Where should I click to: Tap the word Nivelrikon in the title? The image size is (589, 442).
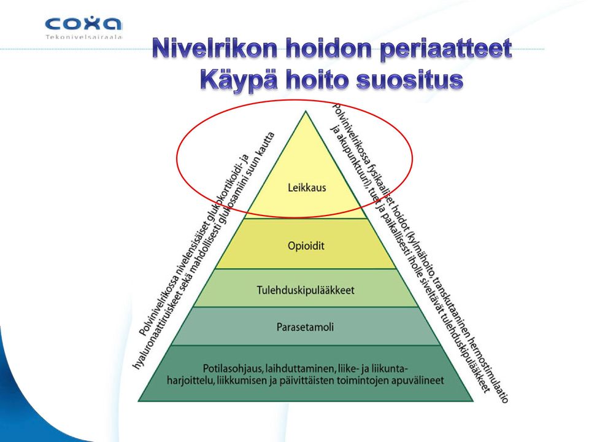pos(215,49)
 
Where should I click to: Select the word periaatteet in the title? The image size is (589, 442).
pos(446,50)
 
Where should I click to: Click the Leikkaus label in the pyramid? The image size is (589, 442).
pos(307,188)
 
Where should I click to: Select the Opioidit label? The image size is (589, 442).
pos(306,246)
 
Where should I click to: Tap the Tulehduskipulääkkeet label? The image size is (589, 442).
pos(306,290)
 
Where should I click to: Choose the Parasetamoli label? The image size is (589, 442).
pos(305,327)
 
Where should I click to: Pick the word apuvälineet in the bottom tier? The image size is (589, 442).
pos(417,381)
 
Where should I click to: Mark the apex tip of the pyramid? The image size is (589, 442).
pos(306,110)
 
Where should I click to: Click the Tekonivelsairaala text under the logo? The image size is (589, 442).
pos(84,37)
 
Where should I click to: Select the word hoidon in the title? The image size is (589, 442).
pos(328,49)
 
